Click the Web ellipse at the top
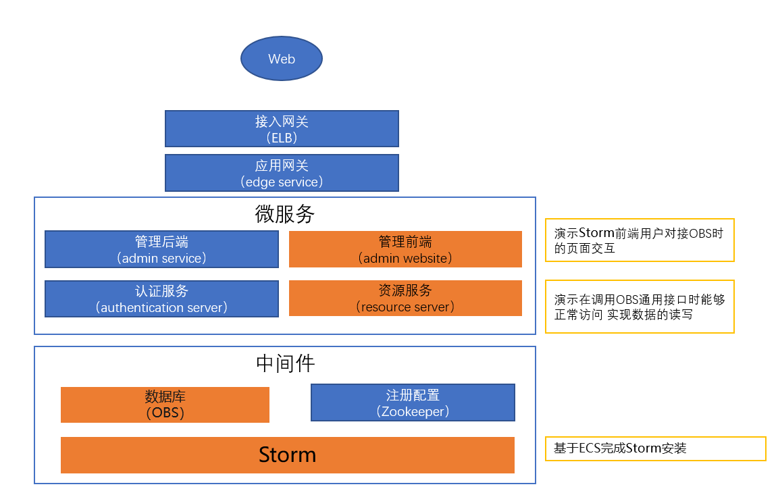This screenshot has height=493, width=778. click(282, 59)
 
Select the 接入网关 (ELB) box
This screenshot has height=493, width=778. click(282, 128)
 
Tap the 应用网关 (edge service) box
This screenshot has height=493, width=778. click(282, 173)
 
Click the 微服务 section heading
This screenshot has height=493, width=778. click(284, 214)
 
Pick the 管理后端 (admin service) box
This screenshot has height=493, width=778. click(161, 249)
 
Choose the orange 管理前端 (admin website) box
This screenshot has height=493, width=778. click(405, 249)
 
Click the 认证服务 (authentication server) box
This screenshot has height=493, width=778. click(161, 299)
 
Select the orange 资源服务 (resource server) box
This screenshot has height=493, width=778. click(405, 299)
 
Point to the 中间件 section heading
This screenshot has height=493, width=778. click(285, 363)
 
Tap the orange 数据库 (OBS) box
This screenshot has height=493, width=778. click(165, 405)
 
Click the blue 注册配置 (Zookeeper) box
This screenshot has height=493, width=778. click(413, 403)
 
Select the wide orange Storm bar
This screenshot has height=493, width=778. click(288, 455)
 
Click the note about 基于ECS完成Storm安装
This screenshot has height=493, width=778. click(655, 448)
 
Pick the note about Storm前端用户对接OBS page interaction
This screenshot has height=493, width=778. click(640, 240)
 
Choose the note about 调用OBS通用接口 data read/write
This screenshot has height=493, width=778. click(640, 307)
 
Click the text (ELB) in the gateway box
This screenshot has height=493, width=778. click(282, 137)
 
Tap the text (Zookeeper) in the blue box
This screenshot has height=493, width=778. click(413, 411)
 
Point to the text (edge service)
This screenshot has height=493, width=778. click(282, 182)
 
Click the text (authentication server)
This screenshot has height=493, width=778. click(161, 307)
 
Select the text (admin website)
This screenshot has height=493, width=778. click(405, 258)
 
